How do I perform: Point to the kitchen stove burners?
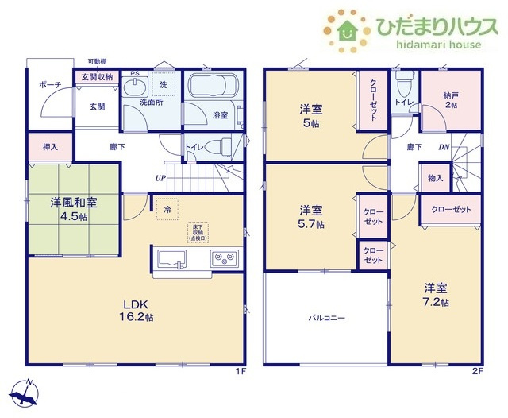(224, 259)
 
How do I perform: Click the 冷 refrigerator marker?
(167, 210)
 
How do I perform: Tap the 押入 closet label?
(39, 147)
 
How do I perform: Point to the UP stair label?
(160, 177)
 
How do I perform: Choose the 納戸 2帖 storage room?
(450, 99)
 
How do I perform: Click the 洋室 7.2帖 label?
(437, 294)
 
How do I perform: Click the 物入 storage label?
(435, 179)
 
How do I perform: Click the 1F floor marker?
(241, 370)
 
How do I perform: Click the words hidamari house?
(434, 45)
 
